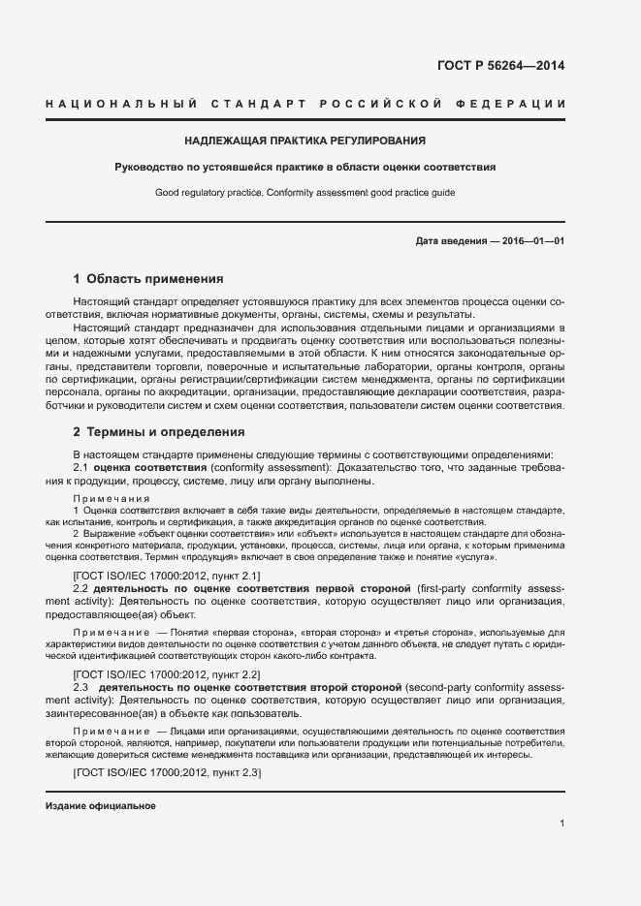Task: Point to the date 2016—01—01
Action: [531, 240]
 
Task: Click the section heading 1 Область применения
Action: [148, 278]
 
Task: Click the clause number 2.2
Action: [81, 589]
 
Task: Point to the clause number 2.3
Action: [81, 686]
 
